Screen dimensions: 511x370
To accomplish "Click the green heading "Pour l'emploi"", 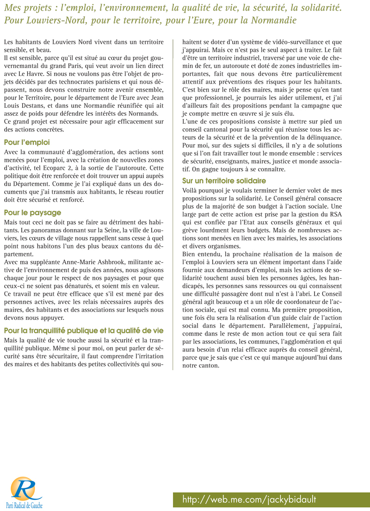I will (x=27, y=143).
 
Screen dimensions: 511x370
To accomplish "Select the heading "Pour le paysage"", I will (x=32, y=213).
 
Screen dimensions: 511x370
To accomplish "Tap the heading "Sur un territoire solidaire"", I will (x=224, y=181).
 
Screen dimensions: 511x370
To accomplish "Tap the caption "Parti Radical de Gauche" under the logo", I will (x=24, y=505).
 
